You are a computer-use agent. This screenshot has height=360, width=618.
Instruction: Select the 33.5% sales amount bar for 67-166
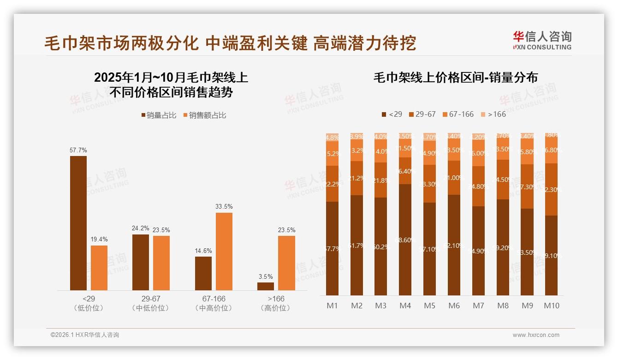224,252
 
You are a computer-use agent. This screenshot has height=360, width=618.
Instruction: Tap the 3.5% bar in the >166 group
266,286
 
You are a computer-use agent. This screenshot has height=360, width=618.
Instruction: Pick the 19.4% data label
99,239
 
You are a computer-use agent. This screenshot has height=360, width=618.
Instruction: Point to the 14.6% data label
203,251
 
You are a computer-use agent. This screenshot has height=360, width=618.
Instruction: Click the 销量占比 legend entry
159,115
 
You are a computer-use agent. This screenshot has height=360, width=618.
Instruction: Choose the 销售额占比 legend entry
205,115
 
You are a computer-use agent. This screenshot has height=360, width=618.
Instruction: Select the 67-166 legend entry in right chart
458,114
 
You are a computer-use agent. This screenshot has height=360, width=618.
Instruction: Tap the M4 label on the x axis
405,306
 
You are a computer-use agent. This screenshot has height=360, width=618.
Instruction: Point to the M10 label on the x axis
551,306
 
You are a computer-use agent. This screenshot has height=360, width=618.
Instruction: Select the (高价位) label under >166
276,308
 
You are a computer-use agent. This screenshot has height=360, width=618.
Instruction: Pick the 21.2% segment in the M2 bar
357,178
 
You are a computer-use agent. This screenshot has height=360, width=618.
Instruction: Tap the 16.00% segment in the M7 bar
478,153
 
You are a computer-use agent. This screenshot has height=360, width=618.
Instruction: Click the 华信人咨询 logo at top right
542,40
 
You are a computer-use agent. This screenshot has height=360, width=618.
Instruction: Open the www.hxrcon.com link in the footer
536,335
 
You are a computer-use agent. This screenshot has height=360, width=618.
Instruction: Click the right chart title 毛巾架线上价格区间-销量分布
455,78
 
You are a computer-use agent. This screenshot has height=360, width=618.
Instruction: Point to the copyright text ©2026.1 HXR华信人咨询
85,335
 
